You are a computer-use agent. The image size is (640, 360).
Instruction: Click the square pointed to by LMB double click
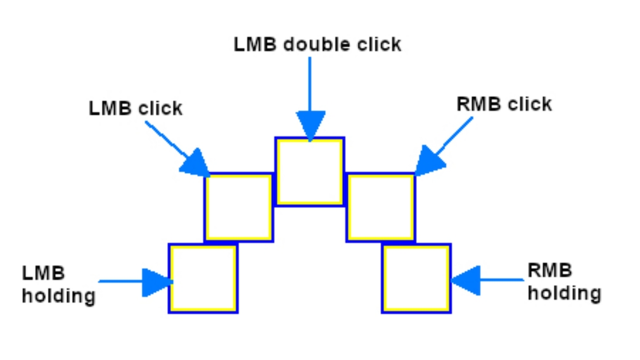click(x=309, y=171)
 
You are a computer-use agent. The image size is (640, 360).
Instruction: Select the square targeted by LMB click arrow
click(x=238, y=207)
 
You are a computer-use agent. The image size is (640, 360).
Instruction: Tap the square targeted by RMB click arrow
click(x=380, y=207)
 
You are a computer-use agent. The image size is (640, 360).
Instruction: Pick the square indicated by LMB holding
click(x=203, y=278)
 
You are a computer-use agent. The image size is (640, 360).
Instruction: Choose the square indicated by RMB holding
click(x=416, y=278)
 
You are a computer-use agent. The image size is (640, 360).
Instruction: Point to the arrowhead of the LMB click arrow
click(x=195, y=164)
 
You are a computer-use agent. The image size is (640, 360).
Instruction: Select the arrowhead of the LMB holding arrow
click(x=157, y=282)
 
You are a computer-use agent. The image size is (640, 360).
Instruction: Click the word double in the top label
click(x=314, y=44)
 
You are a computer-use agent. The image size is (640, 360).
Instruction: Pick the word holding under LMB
click(x=58, y=295)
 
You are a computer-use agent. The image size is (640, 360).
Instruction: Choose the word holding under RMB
click(x=564, y=293)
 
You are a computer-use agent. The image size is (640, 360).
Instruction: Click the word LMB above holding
click(x=43, y=273)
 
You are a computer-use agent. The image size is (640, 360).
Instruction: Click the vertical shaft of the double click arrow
click(x=309, y=82)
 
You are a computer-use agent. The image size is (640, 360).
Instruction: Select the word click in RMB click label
click(x=529, y=103)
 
